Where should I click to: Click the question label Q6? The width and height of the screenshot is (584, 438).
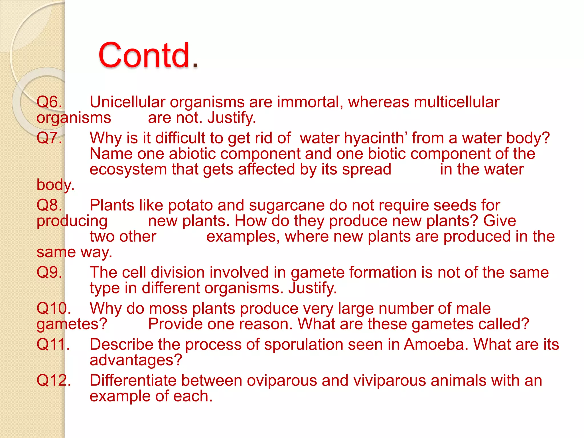(49, 102)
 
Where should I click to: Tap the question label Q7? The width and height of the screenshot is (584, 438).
(49, 138)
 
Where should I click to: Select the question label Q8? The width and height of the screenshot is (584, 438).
(49, 205)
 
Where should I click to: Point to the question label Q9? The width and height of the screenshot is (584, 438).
(49, 272)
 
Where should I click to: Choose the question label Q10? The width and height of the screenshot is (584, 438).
(54, 309)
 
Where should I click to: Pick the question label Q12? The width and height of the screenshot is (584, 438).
(54, 380)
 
